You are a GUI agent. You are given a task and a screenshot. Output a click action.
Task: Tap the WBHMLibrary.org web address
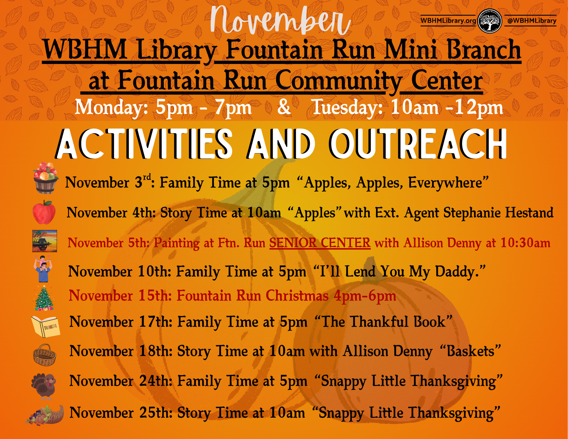point(448,21)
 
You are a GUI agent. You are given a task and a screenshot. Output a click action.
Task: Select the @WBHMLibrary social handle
point(532,21)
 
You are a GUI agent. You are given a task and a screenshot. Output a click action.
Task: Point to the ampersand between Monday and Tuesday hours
point(284,107)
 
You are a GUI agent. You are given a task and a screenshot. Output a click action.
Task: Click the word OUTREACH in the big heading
point(418,144)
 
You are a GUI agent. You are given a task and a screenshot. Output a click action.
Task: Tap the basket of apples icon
point(45,178)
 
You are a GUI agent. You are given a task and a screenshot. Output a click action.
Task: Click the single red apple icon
point(44,212)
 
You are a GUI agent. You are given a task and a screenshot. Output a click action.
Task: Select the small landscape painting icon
point(45,241)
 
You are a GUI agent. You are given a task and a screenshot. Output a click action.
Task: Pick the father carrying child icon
point(43,269)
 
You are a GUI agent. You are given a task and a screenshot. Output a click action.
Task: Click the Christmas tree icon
point(44,298)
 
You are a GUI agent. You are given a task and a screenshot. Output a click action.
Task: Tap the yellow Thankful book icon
point(46,327)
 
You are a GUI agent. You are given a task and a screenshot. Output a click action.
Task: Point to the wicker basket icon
point(44,355)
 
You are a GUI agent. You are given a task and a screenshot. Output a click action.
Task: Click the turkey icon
point(44,385)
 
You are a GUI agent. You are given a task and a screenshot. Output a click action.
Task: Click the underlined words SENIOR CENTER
point(320,243)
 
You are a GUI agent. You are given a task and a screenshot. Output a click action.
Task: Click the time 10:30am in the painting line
point(525,243)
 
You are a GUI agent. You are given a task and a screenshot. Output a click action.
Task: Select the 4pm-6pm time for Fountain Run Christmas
point(365,296)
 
